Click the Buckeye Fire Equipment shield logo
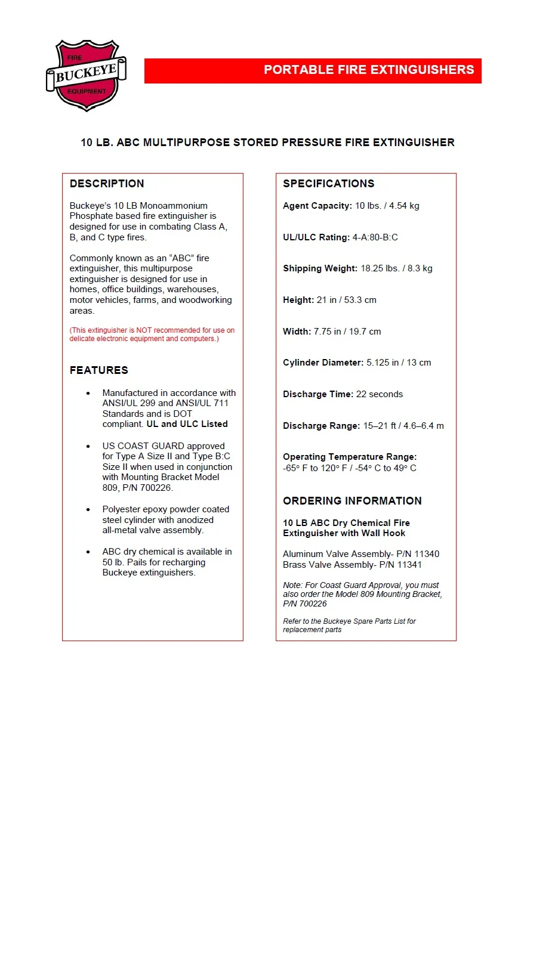pyautogui.click(x=87, y=75)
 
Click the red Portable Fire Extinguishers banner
pyautogui.click(x=313, y=70)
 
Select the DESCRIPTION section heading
pyautogui.click(x=107, y=184)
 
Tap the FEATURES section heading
pyautogui.click(x=99, y=370)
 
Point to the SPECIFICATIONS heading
pyautogui.click(x=329, y=184)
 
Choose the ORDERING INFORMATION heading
pyautogui.click(x=352, y=501)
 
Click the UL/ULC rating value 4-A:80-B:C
pyautogui.click(x=375, y=237)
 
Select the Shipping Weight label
pyautogui.click(x=320, y=268)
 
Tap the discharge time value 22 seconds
pyautogui.click(x=380, y=394)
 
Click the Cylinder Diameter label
pyautogui.click(x=323, y=363)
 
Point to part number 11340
pyautogui.click(x=427, y=554)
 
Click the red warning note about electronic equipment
pyautogui.click(x=152, y=335)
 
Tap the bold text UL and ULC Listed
pyautogui.click(x=187, y=424)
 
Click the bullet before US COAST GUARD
pyautogui.click(x=88, y=446)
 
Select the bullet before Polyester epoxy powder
pyautogui.click(x=88, y=510)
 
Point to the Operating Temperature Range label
pyautogui.click(x=350, y=457)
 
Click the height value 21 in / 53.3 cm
pyautogui.click(x=346, y=300)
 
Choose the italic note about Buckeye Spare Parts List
pyautogui.click(x=349, y=625)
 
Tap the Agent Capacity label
pyautogui.click(x=317, y=206)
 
